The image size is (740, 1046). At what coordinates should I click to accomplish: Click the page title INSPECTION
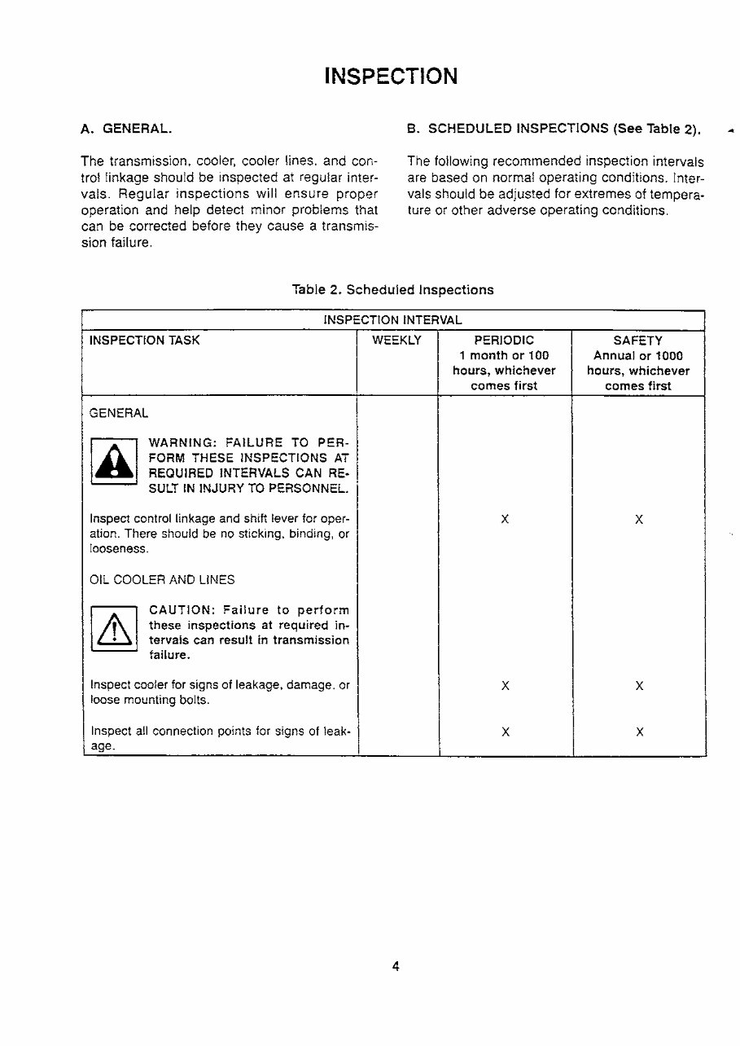391,77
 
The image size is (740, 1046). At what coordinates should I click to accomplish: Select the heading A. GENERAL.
125,129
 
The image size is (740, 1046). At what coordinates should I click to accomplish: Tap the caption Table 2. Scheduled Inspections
392,289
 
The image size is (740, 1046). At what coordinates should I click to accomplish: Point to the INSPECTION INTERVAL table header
392,319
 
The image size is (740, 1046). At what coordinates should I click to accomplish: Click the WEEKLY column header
396,341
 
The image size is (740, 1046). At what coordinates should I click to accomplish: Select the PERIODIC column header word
504,341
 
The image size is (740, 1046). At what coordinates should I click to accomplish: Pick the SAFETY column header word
637,341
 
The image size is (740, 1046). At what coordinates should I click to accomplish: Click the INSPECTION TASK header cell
144,341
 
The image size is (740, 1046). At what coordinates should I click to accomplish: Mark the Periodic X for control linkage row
505,519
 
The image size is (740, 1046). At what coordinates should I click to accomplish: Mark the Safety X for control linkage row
639,519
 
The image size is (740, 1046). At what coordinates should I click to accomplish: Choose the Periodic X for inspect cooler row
505,686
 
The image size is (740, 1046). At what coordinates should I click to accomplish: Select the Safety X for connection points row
639,732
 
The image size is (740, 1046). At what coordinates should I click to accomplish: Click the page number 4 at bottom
395,967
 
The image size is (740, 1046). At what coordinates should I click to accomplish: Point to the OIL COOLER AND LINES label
162,580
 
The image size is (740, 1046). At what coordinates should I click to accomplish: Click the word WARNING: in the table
181,442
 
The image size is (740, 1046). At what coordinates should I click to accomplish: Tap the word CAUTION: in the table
180,610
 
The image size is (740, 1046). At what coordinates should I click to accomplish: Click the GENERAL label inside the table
119,413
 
